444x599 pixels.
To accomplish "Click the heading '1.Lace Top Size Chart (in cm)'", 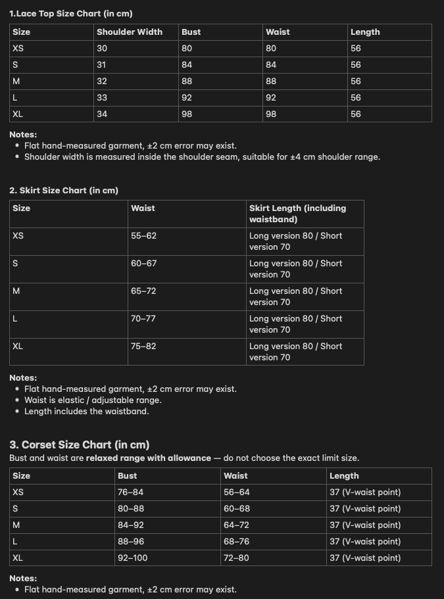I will (71, 13).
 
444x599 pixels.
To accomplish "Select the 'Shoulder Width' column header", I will (130, 32).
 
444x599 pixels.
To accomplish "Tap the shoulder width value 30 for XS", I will (102, 48).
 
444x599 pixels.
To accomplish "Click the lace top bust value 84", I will (187, 64).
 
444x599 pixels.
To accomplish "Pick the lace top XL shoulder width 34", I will (102, 114).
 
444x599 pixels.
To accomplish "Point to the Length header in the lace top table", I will (365, 32).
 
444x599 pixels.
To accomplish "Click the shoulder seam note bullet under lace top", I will (202, 157).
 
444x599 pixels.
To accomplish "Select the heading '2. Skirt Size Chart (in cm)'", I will (64, 190).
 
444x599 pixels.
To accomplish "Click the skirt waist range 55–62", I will (143, 235).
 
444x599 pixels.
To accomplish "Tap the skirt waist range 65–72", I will (143, 291).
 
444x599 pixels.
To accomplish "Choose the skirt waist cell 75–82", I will (143, 346).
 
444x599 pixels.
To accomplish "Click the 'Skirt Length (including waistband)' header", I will (297, 214).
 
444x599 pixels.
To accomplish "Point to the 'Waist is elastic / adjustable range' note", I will (93, 400).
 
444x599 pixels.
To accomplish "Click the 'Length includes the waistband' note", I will (87, 411).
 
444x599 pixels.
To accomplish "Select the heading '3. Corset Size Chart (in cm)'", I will (79, 444).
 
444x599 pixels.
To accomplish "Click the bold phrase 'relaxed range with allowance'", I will (149, 458).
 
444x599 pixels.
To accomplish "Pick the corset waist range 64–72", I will (237, 525).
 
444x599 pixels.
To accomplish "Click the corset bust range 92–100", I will (133, 558).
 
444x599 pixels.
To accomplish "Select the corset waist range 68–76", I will (237, 541).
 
